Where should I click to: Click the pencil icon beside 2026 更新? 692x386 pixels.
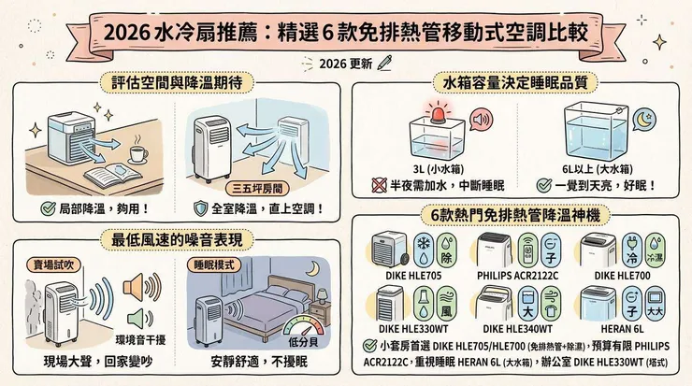click(x=383, y=64)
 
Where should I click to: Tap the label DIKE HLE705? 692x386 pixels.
click(x=405, y=277)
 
